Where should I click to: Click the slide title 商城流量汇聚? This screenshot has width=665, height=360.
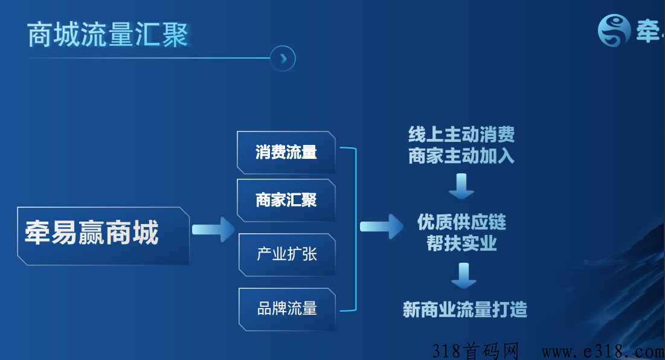point(108,34)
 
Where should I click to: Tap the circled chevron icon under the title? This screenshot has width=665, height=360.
point(283,59)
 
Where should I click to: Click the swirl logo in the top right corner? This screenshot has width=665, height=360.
point(614,31)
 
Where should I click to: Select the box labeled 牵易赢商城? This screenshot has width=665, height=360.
point(103,236)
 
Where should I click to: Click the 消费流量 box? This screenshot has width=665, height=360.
point(286,153)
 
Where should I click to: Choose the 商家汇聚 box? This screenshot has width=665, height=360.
point(286,201)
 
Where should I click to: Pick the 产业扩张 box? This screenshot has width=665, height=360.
point(287,255)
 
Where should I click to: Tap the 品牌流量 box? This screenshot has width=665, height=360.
point(287,309)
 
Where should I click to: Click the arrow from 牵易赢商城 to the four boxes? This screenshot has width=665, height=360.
point(213,230)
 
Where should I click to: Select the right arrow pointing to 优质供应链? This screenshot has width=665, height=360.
point(382,227)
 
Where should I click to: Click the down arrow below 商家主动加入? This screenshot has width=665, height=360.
point(461,186)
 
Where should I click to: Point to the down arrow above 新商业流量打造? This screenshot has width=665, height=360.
point(463,275)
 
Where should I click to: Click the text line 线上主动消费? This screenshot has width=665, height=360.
point(461,135)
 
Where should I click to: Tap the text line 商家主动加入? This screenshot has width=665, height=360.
point(461,156)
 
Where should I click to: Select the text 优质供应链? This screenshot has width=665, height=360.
point(461,222)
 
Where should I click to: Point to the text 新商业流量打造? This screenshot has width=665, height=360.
point(465,310)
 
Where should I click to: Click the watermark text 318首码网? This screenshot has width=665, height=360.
point(476,351)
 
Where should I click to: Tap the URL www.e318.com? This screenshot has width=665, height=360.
point(603,352)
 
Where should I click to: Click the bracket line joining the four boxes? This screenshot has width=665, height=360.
point(355,229)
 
